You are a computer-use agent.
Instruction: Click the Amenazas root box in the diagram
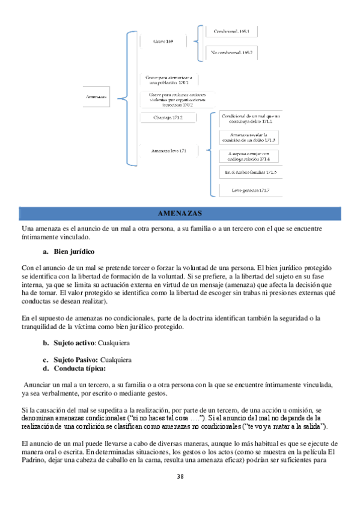96,96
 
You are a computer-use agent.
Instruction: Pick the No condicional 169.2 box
232,53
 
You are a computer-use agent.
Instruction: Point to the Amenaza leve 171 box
169,150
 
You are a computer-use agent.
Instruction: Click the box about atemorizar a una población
169,79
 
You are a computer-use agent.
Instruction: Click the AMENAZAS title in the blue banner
180,214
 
